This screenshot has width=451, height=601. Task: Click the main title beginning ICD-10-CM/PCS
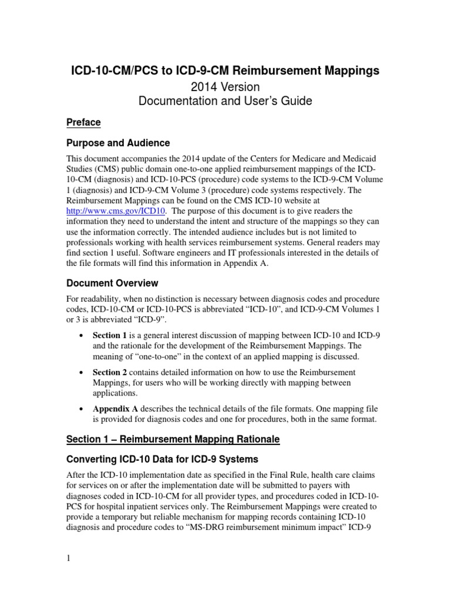pyautogui.click(x=225, y=71)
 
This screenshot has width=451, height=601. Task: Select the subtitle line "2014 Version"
pyautogui.click(x=225, y=87)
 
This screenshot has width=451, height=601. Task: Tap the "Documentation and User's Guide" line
pyautogui.click(x=225, y=101)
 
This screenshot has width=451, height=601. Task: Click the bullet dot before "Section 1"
pyautogui.click(x=80, y=336)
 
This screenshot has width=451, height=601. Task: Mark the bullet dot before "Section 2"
pyautogui.click(x=80, y=373)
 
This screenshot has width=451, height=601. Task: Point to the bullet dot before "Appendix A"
pyautogui.click(x=80, y=409)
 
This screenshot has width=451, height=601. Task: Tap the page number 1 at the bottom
pyautogui.click(x=68, y=558)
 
